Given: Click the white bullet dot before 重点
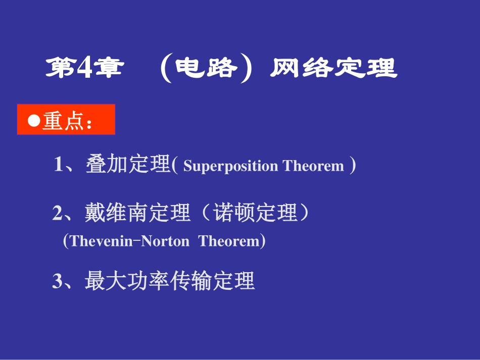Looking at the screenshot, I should coord(34,121).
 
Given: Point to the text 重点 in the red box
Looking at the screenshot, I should coord(63,121).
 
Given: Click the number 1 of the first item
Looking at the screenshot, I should coord(58,165).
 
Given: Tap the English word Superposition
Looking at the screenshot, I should coord(230,166).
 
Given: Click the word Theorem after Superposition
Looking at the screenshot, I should coord(313,166).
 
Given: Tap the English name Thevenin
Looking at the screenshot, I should coord(100,241).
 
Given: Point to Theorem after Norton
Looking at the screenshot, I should coord(229,241).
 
